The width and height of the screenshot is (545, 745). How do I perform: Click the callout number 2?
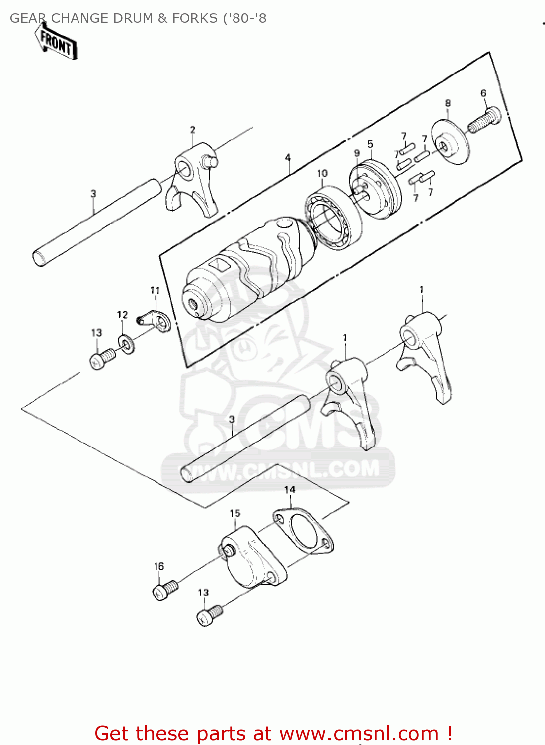tap(193, 130)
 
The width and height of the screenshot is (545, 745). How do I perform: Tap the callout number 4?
tap(288, 158)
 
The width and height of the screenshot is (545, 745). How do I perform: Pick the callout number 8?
tap(448, 103)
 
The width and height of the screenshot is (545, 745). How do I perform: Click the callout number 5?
tap(371, 144)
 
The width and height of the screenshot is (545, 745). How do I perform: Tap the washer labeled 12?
tap(126, 343)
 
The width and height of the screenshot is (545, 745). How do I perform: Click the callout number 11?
tap(155, 291)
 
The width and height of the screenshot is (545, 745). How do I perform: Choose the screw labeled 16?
tap(165, 590)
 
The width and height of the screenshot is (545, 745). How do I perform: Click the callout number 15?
tap(235, 513)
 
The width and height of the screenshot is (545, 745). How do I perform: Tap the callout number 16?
tap(159, 566)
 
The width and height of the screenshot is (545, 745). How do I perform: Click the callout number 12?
tap(122, 315)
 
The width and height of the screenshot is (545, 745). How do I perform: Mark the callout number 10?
tap(322, 173)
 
